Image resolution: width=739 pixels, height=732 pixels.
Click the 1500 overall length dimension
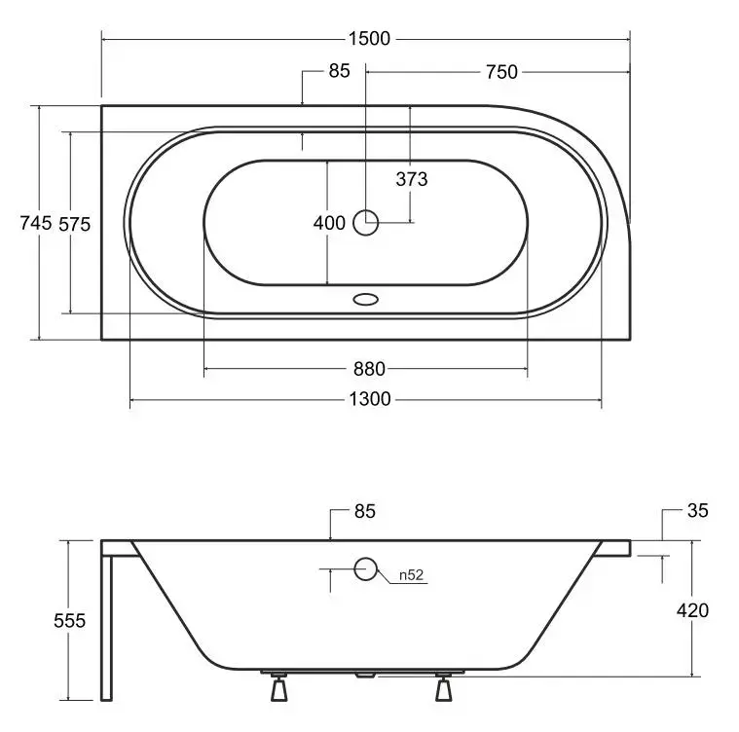click(x=369, y=39)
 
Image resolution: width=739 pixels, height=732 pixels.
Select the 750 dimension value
click(x=501, y=72)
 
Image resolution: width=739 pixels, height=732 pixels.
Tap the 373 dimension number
click(x=412, y=179)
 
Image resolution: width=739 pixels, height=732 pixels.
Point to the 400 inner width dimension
click(x=329, y=223)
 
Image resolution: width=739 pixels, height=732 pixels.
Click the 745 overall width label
click(x=36, y=223)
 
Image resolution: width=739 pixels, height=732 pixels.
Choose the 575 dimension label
click(x=74, y=224)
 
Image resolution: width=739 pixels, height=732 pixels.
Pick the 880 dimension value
click(x=369, y=369)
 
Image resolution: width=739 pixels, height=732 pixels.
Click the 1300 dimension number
click(x=370, y=399)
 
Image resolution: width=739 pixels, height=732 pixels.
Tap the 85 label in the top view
click(x=340, y=71)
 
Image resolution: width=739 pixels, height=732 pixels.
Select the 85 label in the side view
click(x=365, y=511)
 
